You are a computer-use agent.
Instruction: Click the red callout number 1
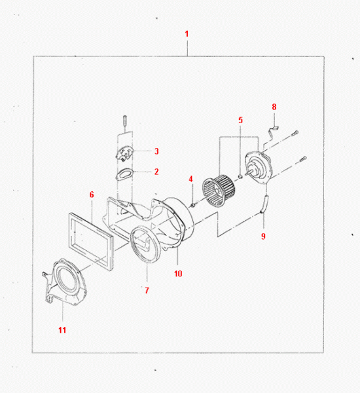(x=187, y=34)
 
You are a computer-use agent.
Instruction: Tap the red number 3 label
(x=156, y=151)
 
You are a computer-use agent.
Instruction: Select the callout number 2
(x=156, y=172)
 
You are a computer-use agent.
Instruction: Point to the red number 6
(x=92, y=195)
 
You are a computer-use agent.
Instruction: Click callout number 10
(x=178, y=273)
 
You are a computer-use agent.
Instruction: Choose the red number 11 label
(x=62, y=330)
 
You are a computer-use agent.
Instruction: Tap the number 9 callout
(x=263, y=236)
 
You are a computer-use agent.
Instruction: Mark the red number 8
(x=274, y=107)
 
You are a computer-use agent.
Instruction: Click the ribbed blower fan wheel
(x=219, y=191)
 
